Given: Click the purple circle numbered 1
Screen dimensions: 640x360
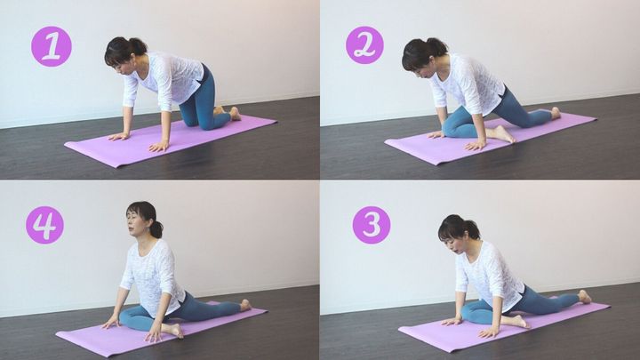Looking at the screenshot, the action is (x=52, y=46).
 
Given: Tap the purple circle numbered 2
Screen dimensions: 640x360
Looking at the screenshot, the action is (x=364, y=45).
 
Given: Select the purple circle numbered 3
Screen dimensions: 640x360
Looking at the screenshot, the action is (x=372, y=225).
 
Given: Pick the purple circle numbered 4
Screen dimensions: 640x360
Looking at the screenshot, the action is (x=45, y=225).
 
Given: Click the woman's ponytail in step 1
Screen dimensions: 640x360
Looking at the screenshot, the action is (x=138, y=45).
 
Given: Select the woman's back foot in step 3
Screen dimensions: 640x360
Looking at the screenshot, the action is (x=585, y=296).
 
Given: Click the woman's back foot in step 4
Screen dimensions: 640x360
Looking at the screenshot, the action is (x=245, y=305).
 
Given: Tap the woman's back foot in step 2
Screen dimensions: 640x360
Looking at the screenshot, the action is (x=555, y=113).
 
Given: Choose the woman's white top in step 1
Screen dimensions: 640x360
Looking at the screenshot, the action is (x=167, y=80).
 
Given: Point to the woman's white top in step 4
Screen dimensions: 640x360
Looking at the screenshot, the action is (x=153, y=277).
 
